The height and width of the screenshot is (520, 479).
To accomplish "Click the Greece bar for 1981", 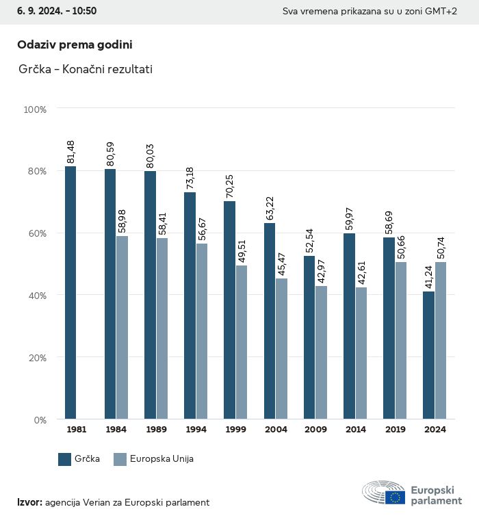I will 70,292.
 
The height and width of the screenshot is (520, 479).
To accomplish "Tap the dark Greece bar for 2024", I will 428,355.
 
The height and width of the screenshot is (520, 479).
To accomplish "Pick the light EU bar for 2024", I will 441,340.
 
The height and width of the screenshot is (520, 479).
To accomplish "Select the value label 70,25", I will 229,187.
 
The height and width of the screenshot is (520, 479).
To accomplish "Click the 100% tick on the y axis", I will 35,109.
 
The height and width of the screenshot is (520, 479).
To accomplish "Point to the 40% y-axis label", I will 36,295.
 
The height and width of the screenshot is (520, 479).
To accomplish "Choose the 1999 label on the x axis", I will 235,430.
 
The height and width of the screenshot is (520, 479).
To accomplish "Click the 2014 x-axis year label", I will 355,430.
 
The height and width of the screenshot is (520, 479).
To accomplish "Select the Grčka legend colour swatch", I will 65,459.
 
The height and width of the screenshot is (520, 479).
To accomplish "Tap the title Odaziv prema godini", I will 75,44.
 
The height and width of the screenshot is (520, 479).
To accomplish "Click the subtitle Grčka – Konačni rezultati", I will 86,69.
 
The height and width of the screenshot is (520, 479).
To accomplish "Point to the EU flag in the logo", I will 395,497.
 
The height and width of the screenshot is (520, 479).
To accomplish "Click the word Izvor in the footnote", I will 29,503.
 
